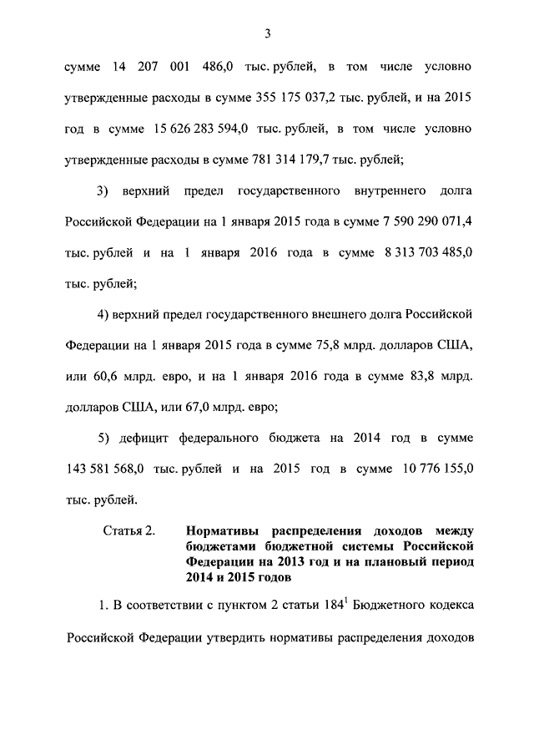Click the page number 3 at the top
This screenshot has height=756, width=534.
[x=266, y=33]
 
